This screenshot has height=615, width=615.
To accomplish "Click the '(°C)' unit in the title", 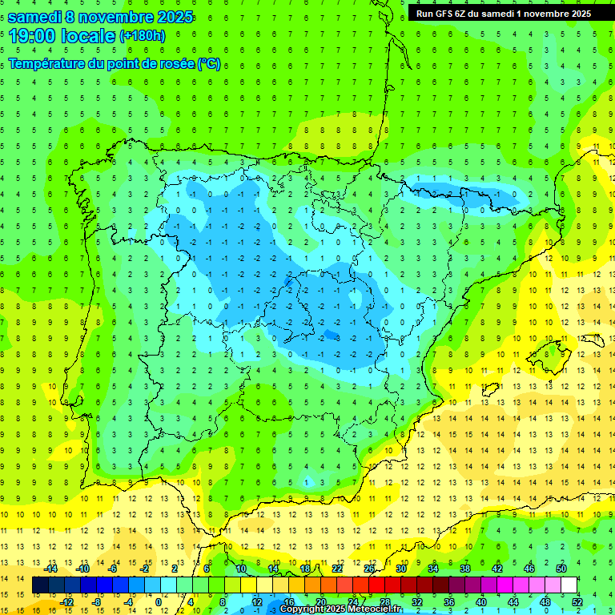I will coord(208,64).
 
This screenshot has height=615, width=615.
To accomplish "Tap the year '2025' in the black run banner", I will coord(577,14).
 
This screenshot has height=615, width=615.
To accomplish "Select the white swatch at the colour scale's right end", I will coord(569,585).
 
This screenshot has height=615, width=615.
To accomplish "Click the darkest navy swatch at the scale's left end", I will coord(40,585).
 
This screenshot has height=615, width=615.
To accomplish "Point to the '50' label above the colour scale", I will coord(561,569).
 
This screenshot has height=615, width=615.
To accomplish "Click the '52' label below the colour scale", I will coord(577,602).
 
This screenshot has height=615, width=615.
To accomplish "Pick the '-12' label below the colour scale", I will coord(66,602).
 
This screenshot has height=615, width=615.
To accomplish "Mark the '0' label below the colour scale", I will coord(159,602).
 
